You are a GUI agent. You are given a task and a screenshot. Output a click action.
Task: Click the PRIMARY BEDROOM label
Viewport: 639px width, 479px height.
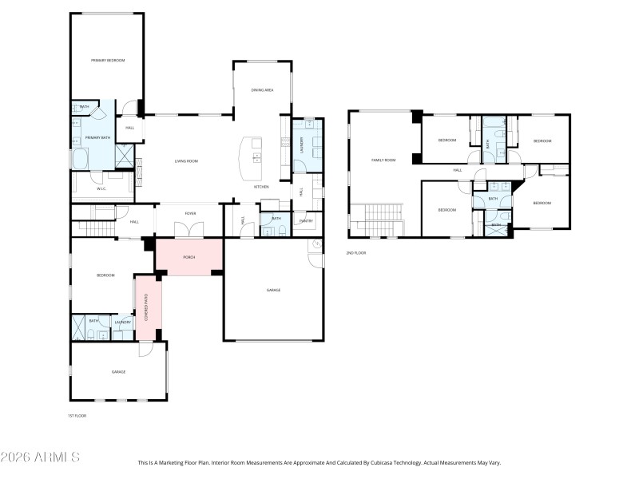pos(107,61)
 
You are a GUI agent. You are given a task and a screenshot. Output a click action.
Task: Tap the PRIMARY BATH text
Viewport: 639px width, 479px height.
pos(97,138)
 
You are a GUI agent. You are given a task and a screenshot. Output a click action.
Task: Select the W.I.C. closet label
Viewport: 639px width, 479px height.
pos(101,188)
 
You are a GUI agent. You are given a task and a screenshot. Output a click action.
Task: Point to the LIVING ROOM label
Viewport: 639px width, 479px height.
pos(186,161)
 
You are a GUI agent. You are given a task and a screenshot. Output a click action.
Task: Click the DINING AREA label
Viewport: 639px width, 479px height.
pos(263,90)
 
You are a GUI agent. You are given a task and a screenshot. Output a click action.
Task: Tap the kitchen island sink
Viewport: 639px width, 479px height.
pos(256,144)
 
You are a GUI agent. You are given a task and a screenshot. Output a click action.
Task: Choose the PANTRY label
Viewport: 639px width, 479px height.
pos(306,220)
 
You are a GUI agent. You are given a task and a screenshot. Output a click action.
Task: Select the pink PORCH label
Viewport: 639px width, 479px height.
pos(189,257)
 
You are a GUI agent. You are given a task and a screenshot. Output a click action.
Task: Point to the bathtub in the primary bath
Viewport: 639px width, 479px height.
pos(82,160)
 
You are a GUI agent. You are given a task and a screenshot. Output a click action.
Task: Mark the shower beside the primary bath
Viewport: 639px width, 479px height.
pos(124,156)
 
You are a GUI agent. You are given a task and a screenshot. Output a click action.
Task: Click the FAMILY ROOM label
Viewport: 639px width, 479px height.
pos(383,160)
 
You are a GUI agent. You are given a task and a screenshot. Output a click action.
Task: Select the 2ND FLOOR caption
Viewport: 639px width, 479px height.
pos(356,252)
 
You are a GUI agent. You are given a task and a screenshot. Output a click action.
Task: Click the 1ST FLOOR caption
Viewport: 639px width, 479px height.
pos(77,415)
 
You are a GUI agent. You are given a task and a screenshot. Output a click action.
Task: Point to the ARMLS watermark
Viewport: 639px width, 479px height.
pos(40,457)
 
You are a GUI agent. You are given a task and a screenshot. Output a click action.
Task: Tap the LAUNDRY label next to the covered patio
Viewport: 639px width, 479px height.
pos(122,322)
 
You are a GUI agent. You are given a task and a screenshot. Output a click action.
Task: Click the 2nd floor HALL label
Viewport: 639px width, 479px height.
pos(458,170)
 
